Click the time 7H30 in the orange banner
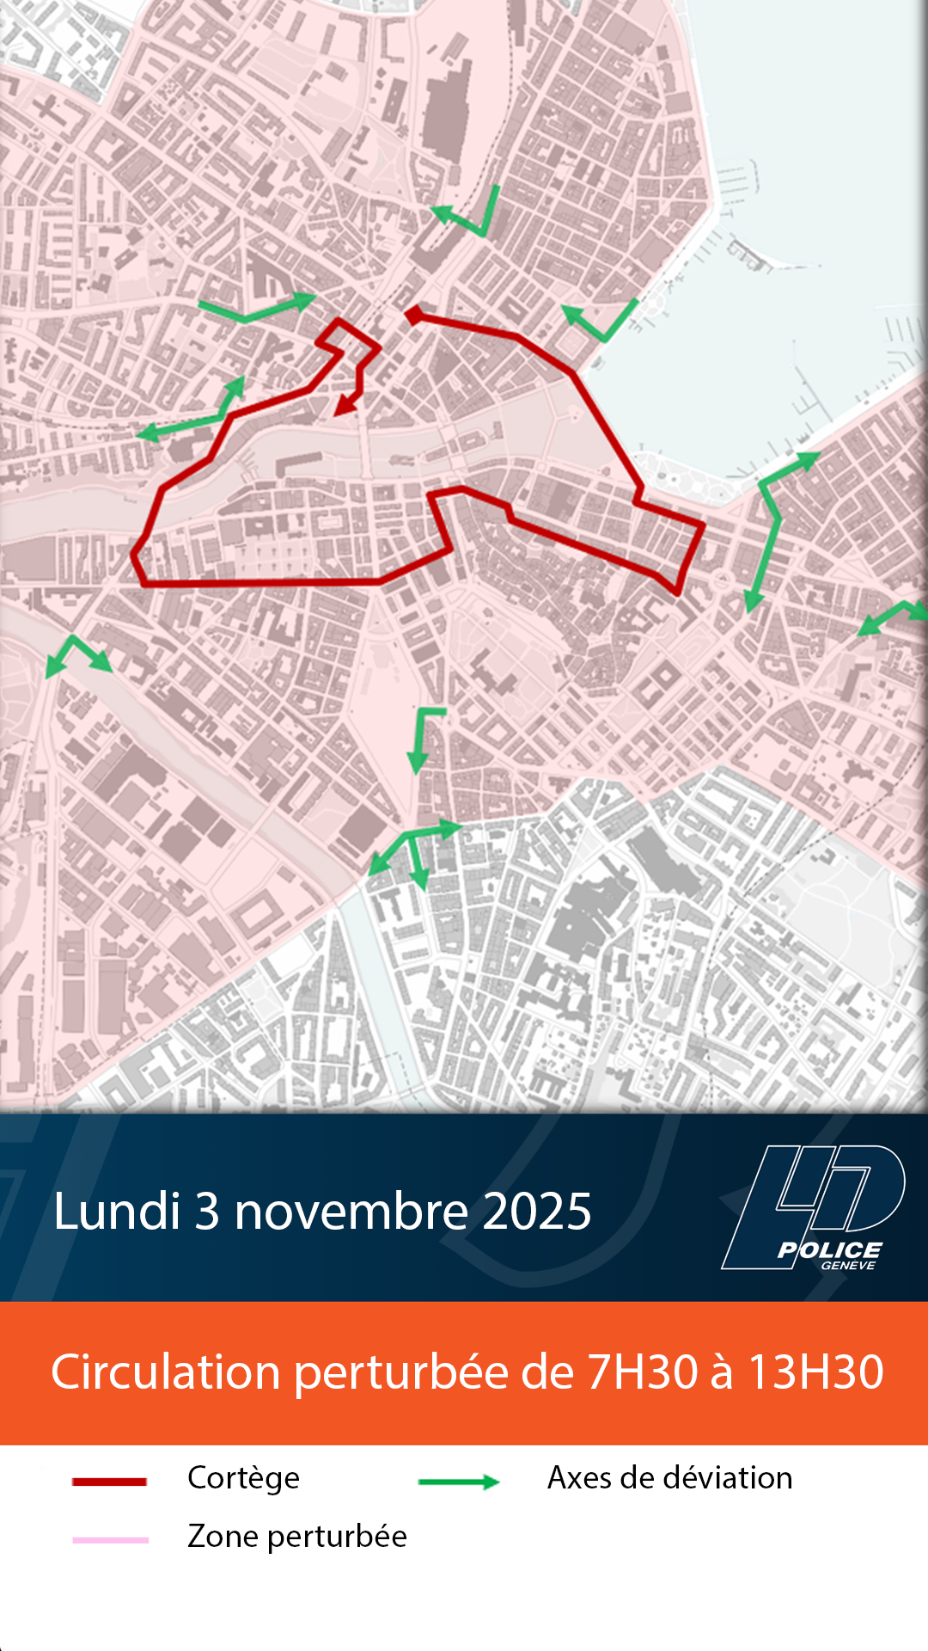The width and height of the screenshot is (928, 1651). (642, 1372)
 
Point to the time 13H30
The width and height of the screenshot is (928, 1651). (815, 1372)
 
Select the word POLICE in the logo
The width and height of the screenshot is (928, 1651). (830, 1249)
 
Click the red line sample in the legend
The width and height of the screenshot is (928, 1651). (109, 1481)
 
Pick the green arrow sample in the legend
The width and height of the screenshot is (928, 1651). (459, 1481)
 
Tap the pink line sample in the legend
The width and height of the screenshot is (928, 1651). (111, 1539)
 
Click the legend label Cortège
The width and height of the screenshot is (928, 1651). (243, 1478)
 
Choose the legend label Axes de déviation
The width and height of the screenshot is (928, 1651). (669, 1477)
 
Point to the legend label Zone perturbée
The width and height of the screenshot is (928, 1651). (296, 1536)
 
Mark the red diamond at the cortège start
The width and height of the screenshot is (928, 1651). (414, 315)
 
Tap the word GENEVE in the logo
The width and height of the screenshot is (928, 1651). (847, 1265)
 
